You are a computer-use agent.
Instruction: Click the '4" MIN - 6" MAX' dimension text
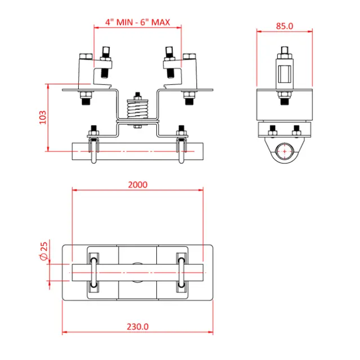[138, 22]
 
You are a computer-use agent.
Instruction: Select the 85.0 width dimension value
[285, 25]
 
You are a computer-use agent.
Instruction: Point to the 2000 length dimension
[138, 184]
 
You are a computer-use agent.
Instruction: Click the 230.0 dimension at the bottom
[138, 326]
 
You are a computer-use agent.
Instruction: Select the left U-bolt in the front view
[93, 149]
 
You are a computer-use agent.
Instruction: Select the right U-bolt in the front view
[181, 149]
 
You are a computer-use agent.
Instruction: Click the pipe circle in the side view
[285, 151]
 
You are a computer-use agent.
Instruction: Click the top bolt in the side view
[285, 56]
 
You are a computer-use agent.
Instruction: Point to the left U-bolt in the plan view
[93, 273]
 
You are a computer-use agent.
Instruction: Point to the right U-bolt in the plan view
[181, 273]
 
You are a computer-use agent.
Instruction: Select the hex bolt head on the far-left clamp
[85, 56]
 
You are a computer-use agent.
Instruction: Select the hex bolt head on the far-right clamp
[190, 56]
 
